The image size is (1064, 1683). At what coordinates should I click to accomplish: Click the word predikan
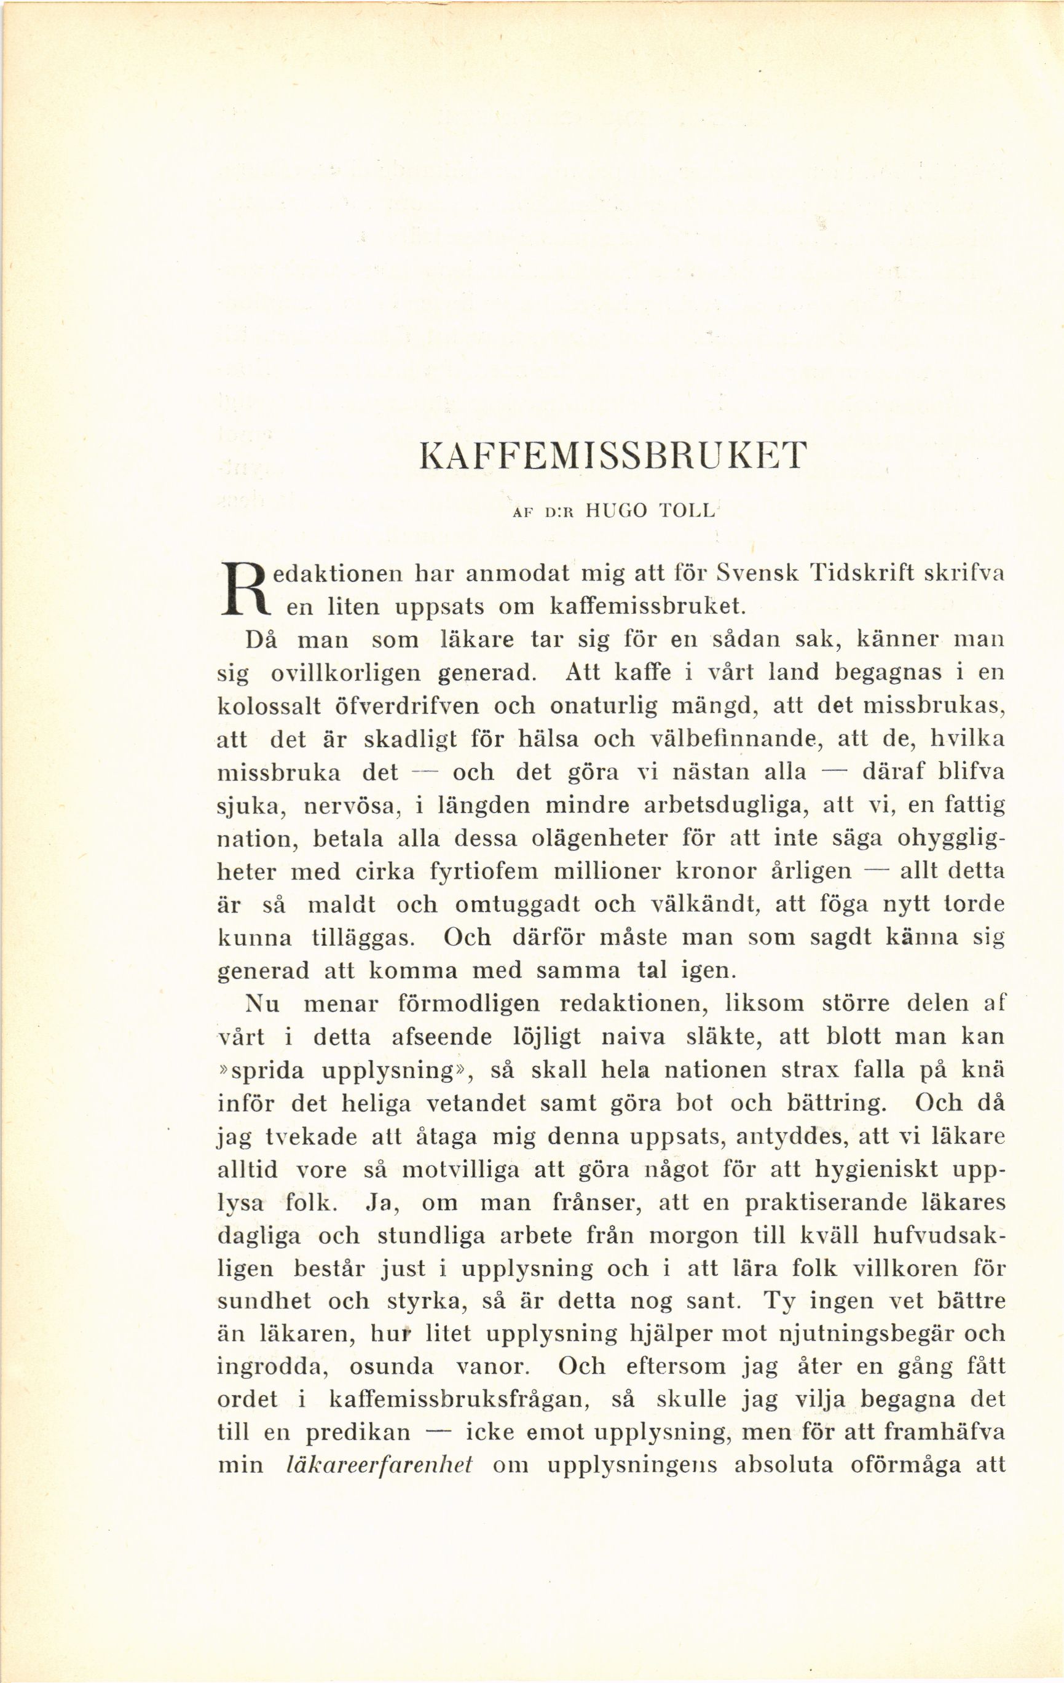click(358, 1433)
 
